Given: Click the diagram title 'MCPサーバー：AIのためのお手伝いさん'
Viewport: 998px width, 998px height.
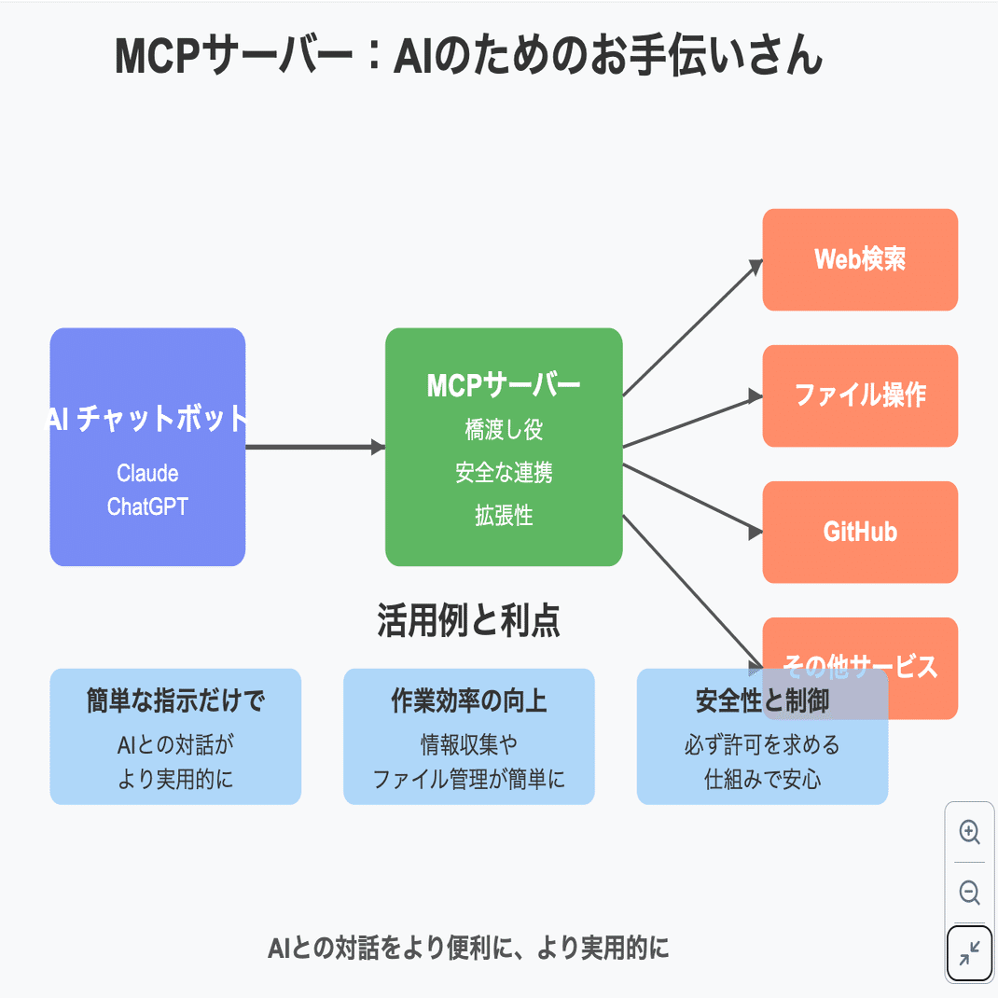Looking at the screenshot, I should (468, 57).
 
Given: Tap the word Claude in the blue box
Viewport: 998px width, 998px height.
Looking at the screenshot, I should (147, 473).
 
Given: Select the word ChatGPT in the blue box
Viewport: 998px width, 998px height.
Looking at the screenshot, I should (147, 506).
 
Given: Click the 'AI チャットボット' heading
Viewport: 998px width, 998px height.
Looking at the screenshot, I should (147, 419).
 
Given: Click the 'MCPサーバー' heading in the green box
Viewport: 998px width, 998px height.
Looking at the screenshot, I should (504, 385).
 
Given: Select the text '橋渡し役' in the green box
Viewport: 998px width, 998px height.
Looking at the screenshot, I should (504, 429).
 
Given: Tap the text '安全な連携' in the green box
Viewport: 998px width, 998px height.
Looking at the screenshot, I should (504, 473).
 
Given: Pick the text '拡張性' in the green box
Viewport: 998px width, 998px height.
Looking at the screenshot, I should (504, 516).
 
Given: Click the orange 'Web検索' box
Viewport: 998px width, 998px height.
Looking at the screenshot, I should (860, 259).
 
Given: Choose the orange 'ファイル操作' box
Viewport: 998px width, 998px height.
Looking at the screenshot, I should (860, 395).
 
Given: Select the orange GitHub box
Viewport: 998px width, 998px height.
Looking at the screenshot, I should (860, 532).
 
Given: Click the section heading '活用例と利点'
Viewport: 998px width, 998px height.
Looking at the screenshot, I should (468, 621).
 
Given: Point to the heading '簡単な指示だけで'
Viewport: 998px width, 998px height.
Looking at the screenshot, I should (175, 701).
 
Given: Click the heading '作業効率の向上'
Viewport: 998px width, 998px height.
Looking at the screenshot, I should (468, 701).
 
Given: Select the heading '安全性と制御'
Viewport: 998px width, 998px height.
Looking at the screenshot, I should (762, 701).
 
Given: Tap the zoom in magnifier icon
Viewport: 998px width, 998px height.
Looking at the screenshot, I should (969, 832).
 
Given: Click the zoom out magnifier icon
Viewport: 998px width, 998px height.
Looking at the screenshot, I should (969, 893).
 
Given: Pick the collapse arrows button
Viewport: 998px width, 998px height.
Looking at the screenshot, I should (969, 953).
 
